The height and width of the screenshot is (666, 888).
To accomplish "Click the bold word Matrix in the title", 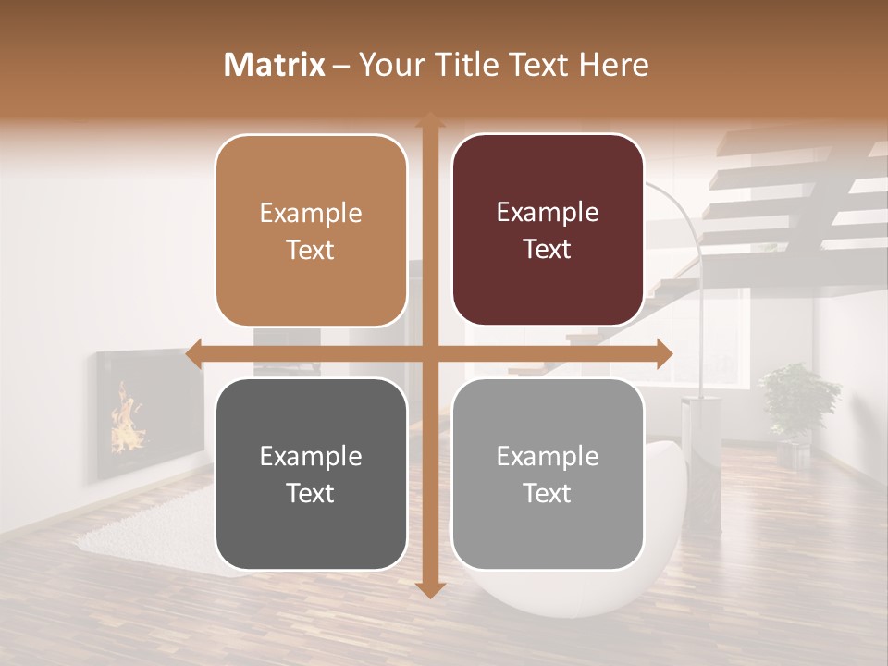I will tap(275, 65).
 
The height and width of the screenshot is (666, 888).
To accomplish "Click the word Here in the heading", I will tap(613, 65).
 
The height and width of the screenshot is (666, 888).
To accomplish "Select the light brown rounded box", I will tap(311, 230).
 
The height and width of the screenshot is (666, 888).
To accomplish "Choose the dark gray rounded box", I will tap(311, 474).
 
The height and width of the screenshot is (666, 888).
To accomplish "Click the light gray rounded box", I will tap(548, 474).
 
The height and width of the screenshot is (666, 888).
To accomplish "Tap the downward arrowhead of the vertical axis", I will tap(429, 589).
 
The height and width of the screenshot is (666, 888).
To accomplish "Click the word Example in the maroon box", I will tap(548, 212).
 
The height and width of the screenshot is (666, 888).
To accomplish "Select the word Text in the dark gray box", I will tap(311, 493).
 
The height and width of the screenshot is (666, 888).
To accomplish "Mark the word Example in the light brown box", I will tap(311, 213).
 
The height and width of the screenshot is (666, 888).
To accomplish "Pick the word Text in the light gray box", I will tap(548, 493).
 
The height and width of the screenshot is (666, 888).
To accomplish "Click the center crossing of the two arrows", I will tap(429, 353).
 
